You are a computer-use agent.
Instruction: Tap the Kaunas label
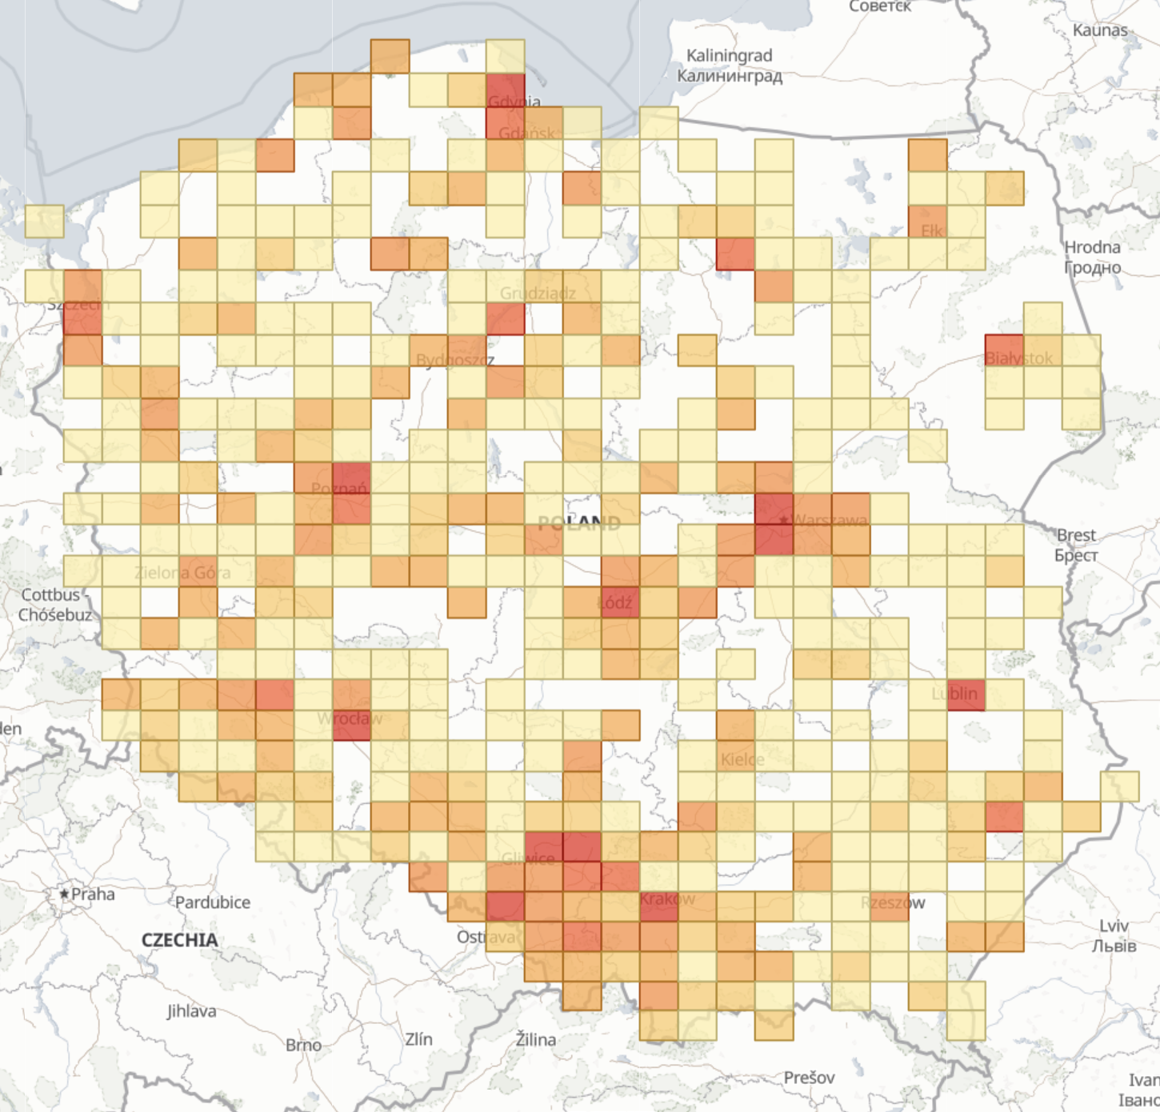(x=1100, y=30)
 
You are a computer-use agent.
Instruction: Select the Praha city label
(x=93, y=894)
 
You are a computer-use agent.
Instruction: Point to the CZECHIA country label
(x=179, y=940)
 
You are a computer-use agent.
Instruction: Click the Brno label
(x=303, y=1045)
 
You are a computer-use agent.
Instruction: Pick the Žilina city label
(x=535, y=1039)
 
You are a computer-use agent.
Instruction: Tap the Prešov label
(x=809, y=1078)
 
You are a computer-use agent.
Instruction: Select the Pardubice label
(x=213, y=902)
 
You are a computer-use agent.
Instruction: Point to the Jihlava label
(x=191, y=1011)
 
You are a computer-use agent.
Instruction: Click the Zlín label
(x=418, y=1039)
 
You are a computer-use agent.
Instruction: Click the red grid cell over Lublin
(x=966, y=694)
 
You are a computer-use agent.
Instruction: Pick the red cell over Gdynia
(x=506, y=90)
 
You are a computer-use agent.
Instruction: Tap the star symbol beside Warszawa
(x=784, y=521)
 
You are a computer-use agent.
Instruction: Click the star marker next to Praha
(x=64, y=894)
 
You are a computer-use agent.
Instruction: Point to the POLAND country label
(x=579, y=524)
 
